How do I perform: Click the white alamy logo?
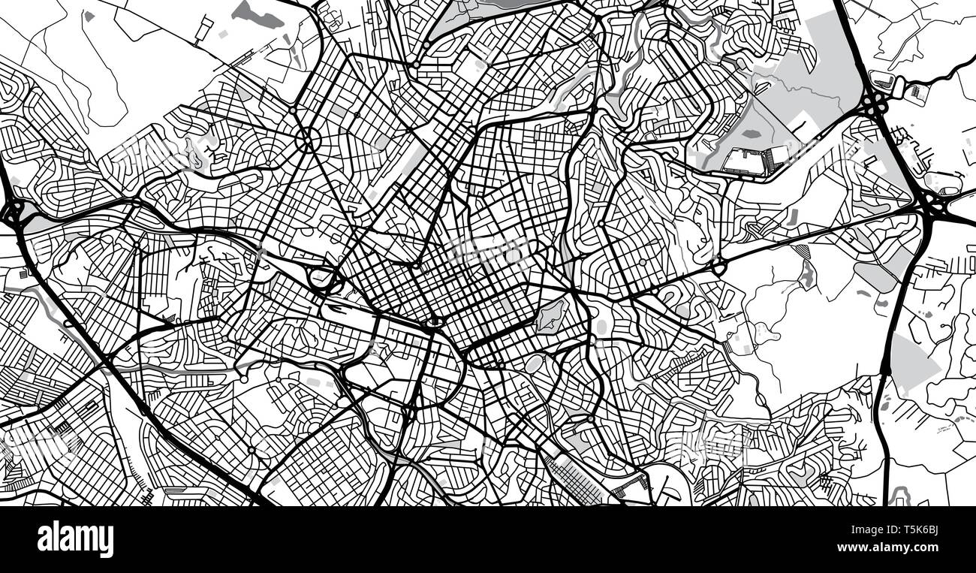pyautogui.click(x=75, y=539)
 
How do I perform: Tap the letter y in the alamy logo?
pyautogui.click(x=107, y=542)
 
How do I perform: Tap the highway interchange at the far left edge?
pyautogui.click(x=14, y=213)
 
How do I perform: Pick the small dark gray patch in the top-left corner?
pyautogui.click(x=89, y=15)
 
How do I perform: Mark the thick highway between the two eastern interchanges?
pyautogui.click(x=901, y=150)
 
